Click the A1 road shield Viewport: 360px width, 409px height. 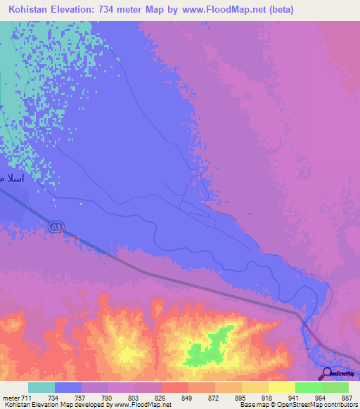(56, 226)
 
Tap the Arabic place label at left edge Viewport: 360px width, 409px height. (12, 178)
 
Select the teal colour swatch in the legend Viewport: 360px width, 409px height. (41, 387)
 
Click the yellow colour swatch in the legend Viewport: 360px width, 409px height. (282, 387)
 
